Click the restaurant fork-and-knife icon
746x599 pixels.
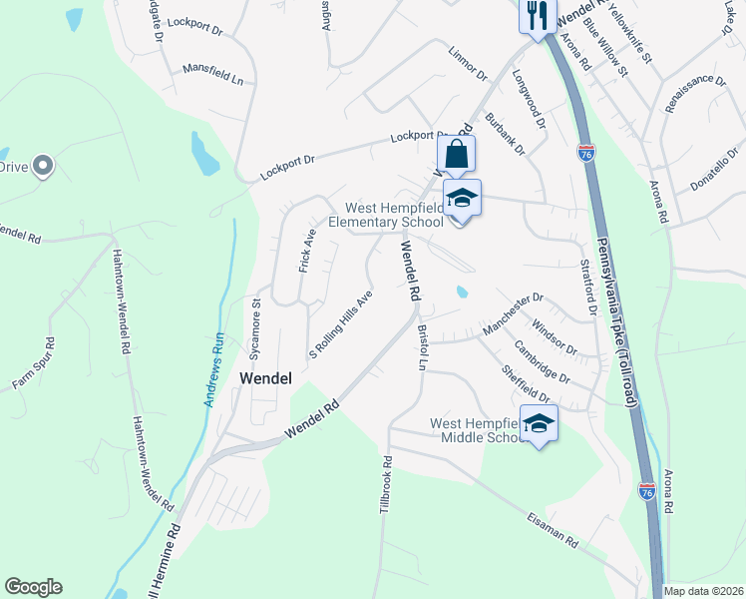point(537,14)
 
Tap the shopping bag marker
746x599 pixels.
point(456,156)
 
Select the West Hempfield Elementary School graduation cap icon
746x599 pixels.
point(462,199)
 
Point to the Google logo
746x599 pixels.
point(33,587)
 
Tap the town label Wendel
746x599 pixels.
point(265,379)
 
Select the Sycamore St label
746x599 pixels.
point(255,327)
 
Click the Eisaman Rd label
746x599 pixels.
point(552,529)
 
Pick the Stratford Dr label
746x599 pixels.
point(587,288)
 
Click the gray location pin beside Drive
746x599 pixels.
point(42,166)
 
